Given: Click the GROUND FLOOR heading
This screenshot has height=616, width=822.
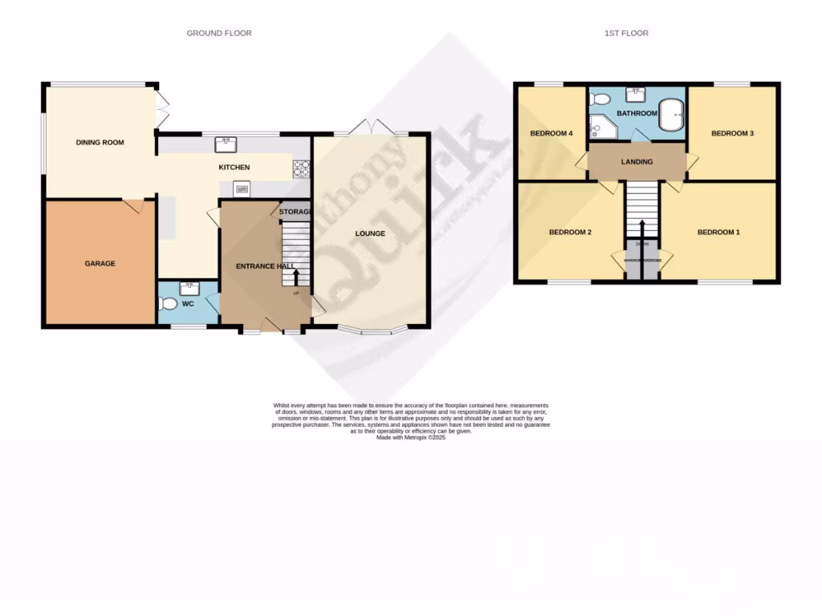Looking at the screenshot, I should click(x=219, y=33).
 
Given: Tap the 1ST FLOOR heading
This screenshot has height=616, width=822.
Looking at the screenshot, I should click(x=626, y=33).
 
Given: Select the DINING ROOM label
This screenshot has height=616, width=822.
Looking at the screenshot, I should click(x=100, y=142).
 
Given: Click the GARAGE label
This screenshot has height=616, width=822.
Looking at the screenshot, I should click(x=100, y=263).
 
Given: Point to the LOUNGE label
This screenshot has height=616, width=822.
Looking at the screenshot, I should click(x=370, y=233).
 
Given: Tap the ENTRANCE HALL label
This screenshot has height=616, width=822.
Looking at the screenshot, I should click(x=264, y=265).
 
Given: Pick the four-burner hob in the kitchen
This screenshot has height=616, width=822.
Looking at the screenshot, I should click(x=302, y=168).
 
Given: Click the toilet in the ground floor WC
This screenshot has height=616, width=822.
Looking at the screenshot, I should click(x=167, y=304).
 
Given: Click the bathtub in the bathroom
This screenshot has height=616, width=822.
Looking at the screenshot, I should click(x=671, y=114).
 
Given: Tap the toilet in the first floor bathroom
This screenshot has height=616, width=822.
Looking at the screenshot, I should click(x=597, y=99).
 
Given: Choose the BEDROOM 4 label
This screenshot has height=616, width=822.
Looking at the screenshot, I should click(x=551, y=133).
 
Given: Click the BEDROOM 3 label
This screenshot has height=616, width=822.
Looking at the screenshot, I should click(x=732, y=133).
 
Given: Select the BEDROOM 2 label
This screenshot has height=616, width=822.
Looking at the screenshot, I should click(x=570, y=232).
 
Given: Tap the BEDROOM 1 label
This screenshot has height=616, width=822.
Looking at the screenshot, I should click(x=718, y=232).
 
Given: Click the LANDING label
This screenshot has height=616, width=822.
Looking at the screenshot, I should click(x=637, y=162).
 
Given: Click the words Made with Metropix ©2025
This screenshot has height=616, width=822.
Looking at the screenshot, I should click(x=410, y=438).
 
